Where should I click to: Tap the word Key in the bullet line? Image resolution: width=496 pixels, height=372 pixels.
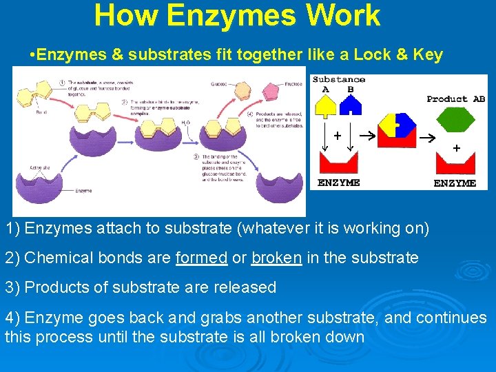pos(427,54)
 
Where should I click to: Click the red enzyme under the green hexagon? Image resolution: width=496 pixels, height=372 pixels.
pos(455,165)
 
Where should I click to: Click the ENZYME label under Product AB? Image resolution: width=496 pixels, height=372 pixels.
pos(455,183)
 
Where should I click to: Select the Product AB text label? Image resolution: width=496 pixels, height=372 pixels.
pos(455,99)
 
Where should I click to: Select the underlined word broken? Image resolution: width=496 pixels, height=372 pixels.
pos(276,258)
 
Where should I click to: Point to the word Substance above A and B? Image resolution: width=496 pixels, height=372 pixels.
pos(339,79)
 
